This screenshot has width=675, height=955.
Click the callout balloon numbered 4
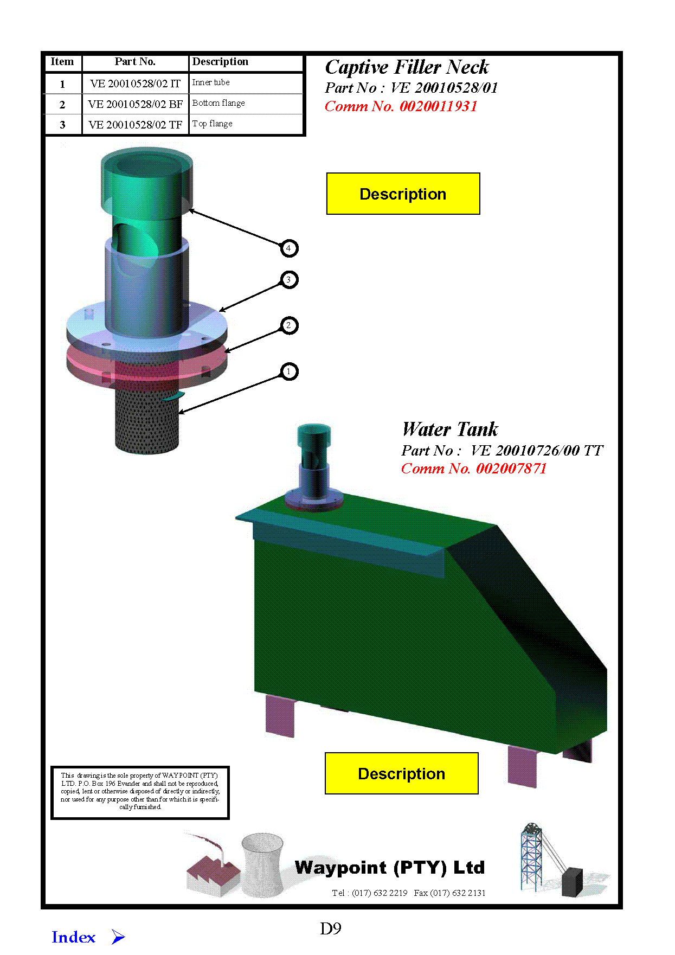(289, 248)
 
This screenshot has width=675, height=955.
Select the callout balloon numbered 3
(289, 280)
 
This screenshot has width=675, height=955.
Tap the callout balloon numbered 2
(289, 325)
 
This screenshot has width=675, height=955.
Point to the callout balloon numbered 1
(289, 371)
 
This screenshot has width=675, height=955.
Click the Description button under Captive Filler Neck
(403, 194)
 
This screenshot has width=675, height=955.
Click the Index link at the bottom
(74, 937)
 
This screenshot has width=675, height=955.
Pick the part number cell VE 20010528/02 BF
(135, 104)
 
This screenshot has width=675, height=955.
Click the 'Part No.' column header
(135, 62)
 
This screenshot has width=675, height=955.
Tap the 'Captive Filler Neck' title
(407, 67)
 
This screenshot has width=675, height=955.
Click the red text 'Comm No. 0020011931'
(401, 106)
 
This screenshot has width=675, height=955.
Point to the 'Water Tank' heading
(449, 430)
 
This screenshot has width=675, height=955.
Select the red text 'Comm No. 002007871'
(473, 469)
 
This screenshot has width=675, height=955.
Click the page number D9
(331, 929)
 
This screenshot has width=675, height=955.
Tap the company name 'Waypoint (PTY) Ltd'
(389, 868)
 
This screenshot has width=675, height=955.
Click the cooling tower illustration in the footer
(262, 866)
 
